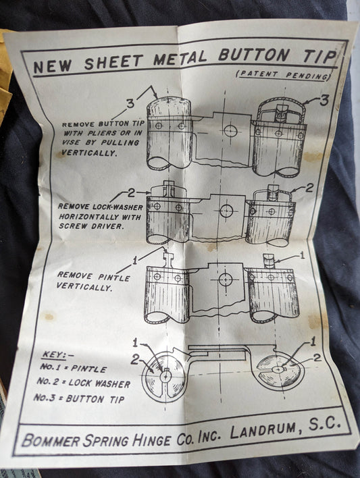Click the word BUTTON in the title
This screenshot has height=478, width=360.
(x=254, y=55)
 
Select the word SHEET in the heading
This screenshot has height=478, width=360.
(x=113, y=61)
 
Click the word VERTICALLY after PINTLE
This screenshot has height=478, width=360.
(x=84, y=287)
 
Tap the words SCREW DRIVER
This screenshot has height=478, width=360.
(x=92, y=226)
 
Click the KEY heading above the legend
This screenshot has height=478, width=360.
(x=54, y=355)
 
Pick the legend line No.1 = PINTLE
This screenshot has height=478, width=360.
(x=73, y=368)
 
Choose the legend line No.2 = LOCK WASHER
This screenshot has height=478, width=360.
(x=84, y=383)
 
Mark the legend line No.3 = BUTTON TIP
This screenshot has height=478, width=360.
(x=79, y=398)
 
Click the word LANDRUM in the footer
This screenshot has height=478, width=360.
(x=263, y=430)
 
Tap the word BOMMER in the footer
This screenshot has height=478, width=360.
(x=51, y=441)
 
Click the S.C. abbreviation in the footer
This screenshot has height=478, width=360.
(x=324, y=423)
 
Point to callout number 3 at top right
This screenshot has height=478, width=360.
(x=324, y=101)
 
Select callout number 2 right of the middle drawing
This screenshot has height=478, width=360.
(x=309, y=188)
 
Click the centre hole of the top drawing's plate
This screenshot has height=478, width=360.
(x=230, y=130)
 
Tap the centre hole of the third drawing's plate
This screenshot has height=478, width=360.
(x=226, y=280)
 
